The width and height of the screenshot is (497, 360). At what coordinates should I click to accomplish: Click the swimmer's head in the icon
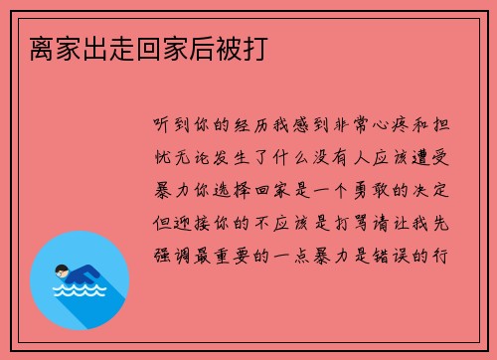(x=62, y=271)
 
